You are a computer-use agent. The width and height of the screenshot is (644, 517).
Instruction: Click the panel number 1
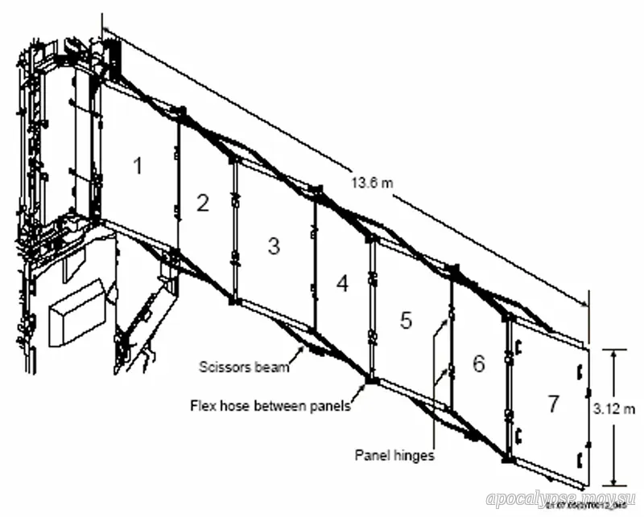click(138, 166)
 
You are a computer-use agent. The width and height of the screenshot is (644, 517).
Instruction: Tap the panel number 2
click(202, 203)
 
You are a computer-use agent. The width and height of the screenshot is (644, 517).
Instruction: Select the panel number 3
click(274, 246)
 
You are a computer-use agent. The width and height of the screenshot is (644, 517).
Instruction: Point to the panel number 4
click(342, 283)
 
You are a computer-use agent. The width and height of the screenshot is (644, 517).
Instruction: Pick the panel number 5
click(407, 320)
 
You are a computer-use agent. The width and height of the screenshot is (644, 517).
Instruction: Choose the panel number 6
click(478, 363)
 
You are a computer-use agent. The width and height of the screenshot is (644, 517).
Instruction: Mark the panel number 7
click(552, 404)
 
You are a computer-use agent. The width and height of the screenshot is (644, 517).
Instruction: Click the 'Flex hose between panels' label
click(270, 406)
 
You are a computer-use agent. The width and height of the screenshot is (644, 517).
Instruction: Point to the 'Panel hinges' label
click(395, 455)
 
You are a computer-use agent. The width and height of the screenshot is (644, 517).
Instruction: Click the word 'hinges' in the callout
click(414, 455)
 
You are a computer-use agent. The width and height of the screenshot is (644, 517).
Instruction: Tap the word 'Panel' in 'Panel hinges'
click(373, 455)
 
